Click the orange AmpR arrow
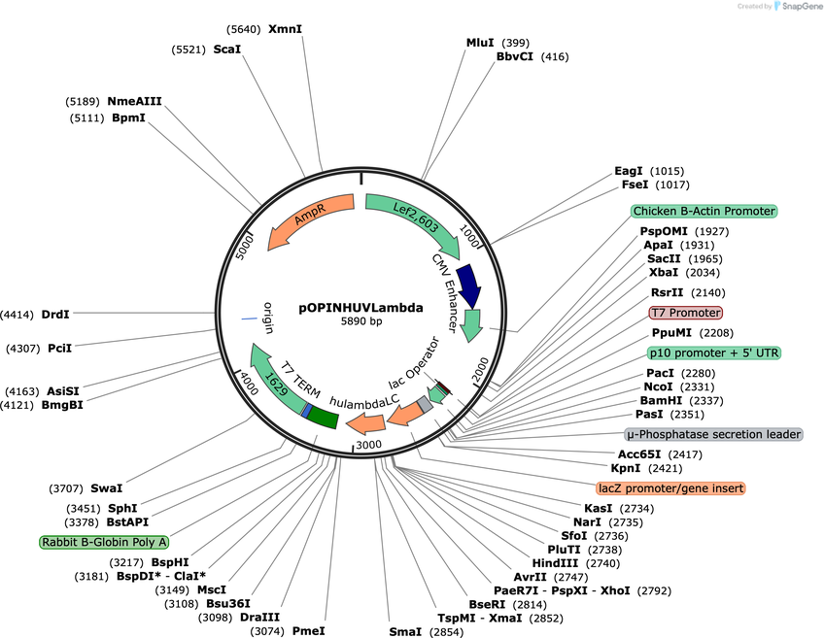(x=310, y=217)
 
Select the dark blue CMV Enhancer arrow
(x=468, y=285)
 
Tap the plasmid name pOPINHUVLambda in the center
(x=361, y=308)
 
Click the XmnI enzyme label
(x=286, y=29)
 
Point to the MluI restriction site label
(x=480, y=43)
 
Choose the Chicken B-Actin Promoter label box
(x=704, y=211)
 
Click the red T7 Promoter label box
(x=686, y=313)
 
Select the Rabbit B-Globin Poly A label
(x=104, y=542)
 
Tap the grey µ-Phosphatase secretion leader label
(x=713, y=434)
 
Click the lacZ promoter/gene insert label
(x=671, y=488)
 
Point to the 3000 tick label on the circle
(x=368, y=445)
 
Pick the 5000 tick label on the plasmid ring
(x=244, y=247)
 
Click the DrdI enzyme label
(x=55, y=315)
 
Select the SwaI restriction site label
(x=107, y=488)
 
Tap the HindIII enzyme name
(x=555, y=563)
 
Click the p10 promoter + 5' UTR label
(x=714, y=353)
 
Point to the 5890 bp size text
(x=361, y=321)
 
